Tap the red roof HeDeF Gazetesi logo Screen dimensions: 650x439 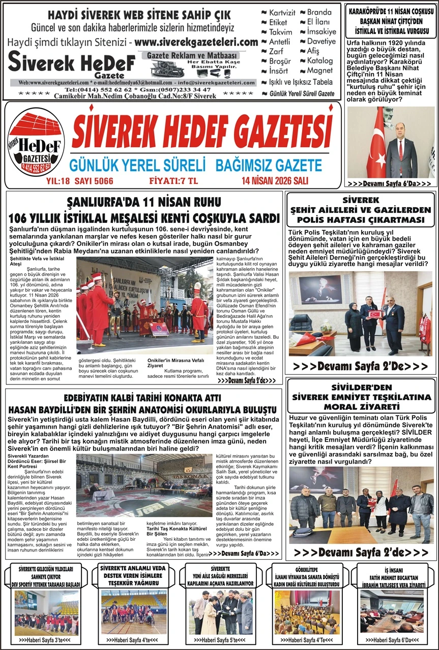[x=36, y=143]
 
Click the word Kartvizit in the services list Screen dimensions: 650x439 [x=281, y=12]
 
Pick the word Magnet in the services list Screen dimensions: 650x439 [x=319, y=71]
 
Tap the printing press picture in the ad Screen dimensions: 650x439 [x=168, y=68]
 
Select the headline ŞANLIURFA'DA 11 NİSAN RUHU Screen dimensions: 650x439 [x=144, y=204]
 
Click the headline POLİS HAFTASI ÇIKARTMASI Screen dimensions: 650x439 [x=361, y=219]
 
